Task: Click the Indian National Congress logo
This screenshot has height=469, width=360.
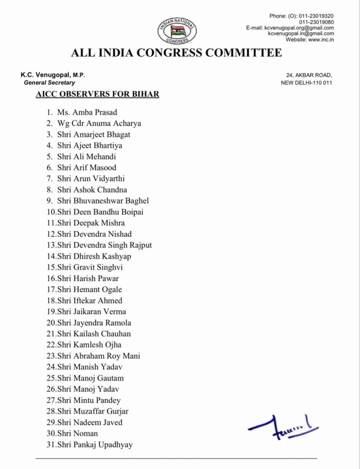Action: coord(178,31)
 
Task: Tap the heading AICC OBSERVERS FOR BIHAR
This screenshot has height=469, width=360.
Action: coord(97,94)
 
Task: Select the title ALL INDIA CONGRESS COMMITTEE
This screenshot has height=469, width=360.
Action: coord(176,53)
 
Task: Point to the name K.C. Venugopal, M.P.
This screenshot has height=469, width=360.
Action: coord(53,75)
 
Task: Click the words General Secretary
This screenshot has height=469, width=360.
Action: coord(49,83)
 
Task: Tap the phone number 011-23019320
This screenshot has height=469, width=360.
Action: coord(316,16)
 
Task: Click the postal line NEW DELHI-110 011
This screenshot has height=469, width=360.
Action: coord(306,83)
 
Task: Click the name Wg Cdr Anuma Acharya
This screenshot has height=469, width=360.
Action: coord(99,123)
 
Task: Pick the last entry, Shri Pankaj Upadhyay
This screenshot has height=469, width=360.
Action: coord(95,444)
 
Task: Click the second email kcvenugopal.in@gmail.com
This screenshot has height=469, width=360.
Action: coord(301,34)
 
